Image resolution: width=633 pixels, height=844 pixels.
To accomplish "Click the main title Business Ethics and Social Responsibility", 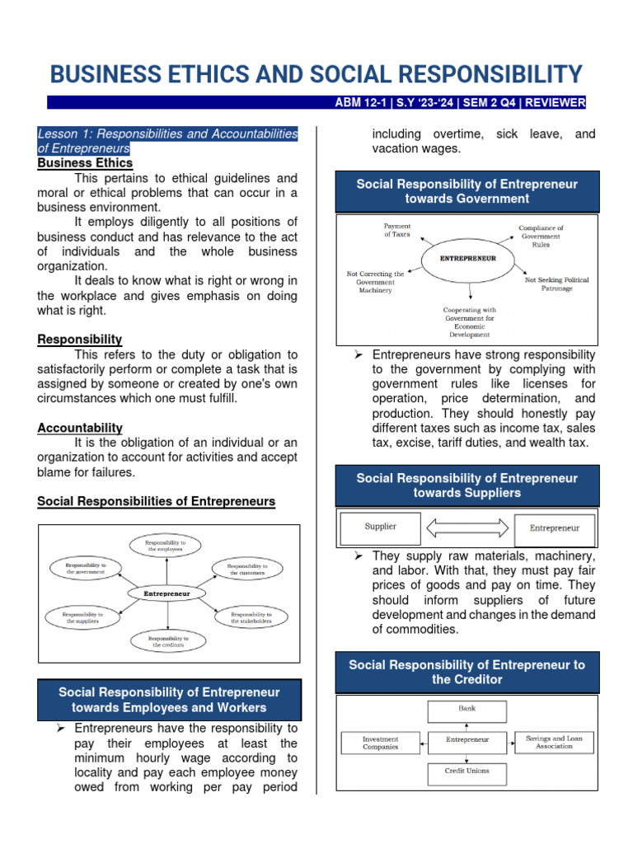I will click(x=316, y=74).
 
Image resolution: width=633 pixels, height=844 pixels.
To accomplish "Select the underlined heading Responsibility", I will click(x=80, y=340).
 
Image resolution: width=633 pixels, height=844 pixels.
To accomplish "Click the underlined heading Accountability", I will click(x=80, y=428).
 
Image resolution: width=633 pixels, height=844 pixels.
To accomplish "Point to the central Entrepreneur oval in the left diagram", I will click(x=167, y=593).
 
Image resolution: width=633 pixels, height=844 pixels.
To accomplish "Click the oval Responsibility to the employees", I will click(x=167, y=545).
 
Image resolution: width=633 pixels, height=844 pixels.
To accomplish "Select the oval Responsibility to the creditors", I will click(x=167, y=641).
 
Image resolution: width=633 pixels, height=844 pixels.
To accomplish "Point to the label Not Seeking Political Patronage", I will click(x=557, y=284).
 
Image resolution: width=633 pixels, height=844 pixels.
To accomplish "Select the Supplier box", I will click(x=380, y=527).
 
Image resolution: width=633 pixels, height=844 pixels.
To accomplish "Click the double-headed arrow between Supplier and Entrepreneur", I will click(x=467, y=527).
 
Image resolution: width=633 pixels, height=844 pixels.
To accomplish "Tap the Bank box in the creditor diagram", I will click(x=467, y=708).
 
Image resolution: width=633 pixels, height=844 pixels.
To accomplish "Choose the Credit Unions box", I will click(x=467, y=771).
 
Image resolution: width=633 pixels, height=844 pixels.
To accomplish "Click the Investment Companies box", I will click(x=380, y=743).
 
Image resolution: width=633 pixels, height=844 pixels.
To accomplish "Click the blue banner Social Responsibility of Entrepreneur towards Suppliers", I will click(x=467, y=485).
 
